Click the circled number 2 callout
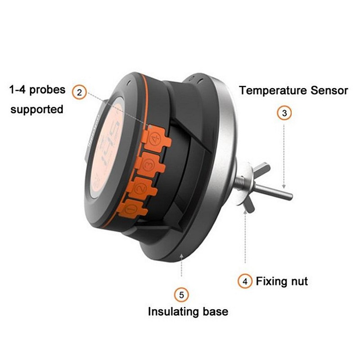click(80, 93)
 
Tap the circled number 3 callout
click(284, 113)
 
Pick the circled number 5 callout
click(181, 295)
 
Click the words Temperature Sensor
click(293, 90)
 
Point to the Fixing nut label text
click(282, 282)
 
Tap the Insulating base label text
click(188, 311)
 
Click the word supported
click(37, 109)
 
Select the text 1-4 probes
click(37, 90)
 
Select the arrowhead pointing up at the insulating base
click(181, 257)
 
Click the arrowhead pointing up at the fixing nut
click(245, 215)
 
